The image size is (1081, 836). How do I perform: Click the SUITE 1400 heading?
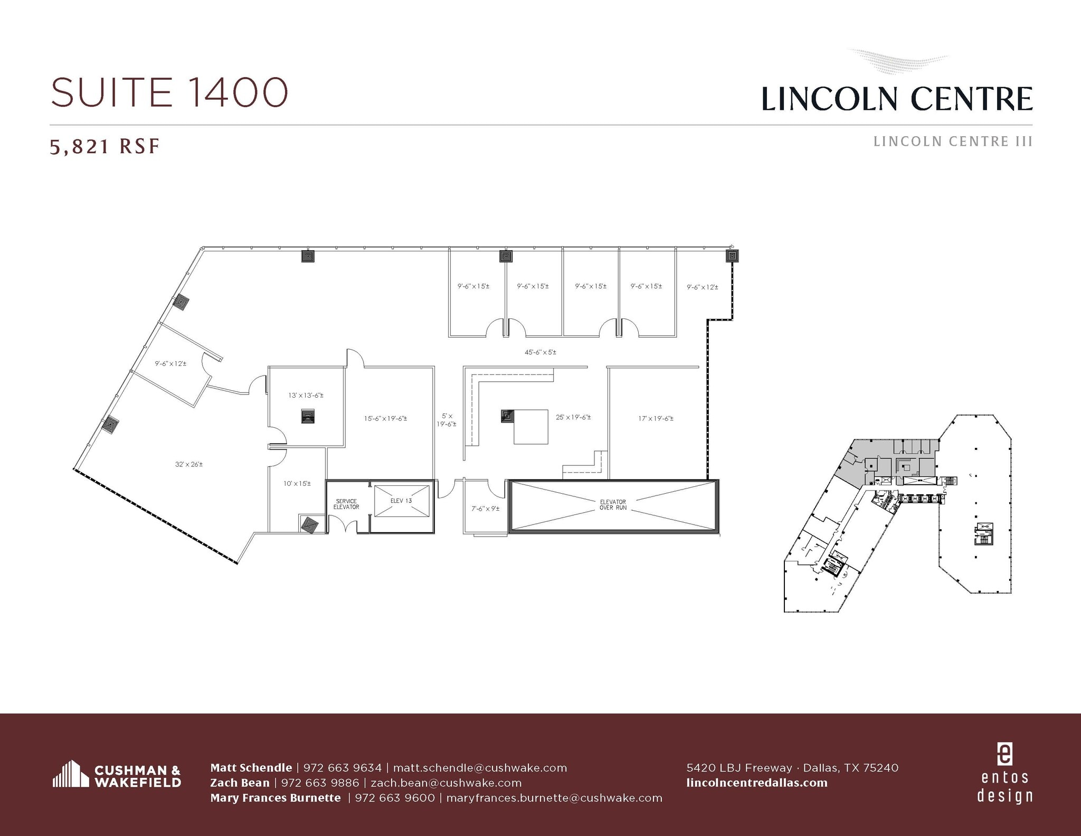[169, 92]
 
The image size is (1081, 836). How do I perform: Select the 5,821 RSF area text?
[105, 146]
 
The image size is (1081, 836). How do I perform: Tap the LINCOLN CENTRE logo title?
[897, 99]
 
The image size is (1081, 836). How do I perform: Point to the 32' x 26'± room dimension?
[189, 464]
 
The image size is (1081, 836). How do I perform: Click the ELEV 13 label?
[401, 500]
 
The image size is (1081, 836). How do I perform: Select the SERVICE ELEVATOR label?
[346, 504]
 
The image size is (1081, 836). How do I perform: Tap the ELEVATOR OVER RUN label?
[612, 504]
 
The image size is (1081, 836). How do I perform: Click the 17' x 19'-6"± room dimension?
[656, 418]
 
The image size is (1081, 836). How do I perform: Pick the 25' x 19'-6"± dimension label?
[573, 417]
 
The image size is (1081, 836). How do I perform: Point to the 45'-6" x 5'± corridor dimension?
[540, 352]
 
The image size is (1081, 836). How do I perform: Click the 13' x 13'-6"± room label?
[306, 395]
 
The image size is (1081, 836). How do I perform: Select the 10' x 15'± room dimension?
[297, 483]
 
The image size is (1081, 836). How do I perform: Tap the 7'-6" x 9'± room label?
[485, 509]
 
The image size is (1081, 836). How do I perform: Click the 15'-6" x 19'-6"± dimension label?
[385, 418]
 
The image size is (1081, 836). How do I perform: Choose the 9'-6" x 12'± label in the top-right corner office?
[702, 287]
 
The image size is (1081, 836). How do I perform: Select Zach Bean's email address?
[446, 783]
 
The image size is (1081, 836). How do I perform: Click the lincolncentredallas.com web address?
[757, 783]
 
